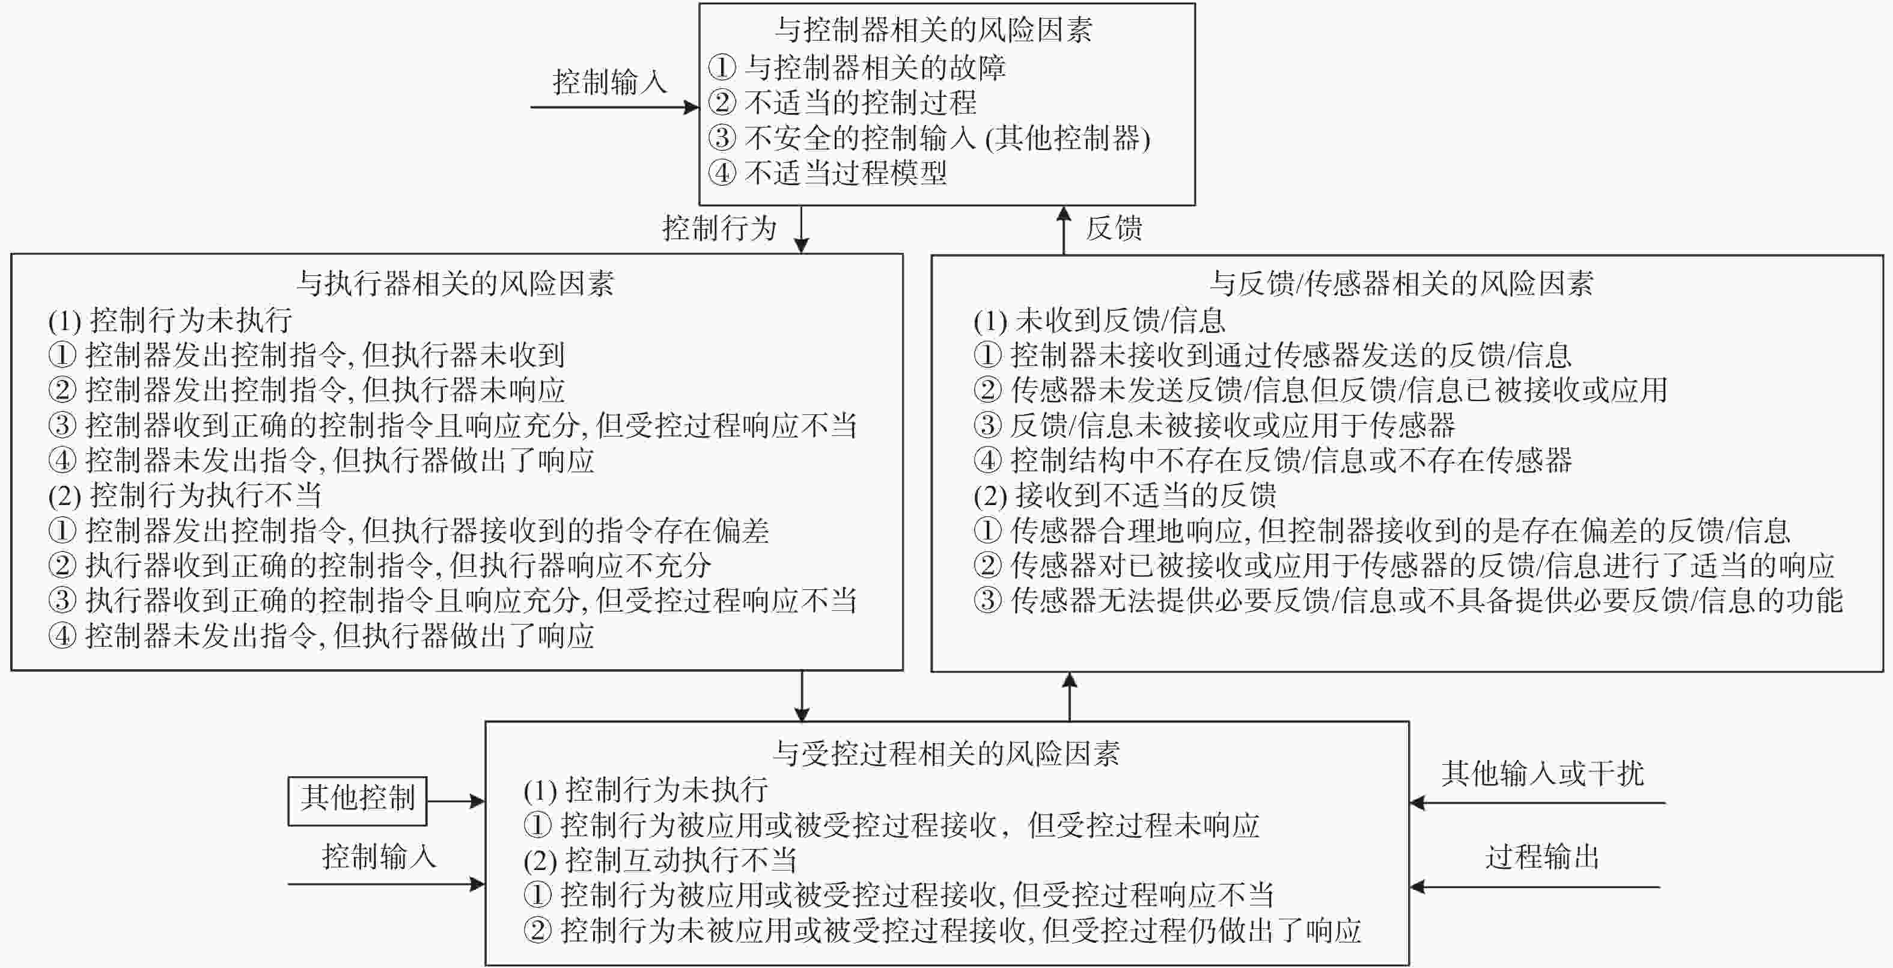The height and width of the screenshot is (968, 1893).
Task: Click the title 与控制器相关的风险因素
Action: (x=933, y=30)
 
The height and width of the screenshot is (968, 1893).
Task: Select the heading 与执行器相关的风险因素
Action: (x=456, y=284)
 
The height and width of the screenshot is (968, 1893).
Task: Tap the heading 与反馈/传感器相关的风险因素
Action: (x=1401, y=284)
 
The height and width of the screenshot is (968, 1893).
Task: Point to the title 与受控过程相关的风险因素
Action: (x=946, y=753)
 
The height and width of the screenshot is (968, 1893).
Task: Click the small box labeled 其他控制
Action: (x=357, y=800)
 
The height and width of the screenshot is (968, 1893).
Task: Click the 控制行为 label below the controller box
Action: (x=719, y=228)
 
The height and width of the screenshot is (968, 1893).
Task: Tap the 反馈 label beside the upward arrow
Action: (x=1114, y=228)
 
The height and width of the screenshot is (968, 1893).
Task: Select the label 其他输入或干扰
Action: (x=1541, y=773)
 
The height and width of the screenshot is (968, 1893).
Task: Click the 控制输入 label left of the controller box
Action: (x=610, y=82)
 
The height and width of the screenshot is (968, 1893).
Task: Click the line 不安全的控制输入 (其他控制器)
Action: (x=930, y=138)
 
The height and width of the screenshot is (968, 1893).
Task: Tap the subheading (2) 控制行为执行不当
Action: (x=184, y=495)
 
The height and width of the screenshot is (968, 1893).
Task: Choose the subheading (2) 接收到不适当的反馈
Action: (x=1125, y=495)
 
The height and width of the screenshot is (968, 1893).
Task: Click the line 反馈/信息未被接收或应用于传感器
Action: (x=1215, y=426)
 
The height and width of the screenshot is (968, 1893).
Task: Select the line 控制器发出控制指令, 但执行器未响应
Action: (x=306, y=390)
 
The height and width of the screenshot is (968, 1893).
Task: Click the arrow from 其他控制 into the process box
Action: (x=456, y=801)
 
